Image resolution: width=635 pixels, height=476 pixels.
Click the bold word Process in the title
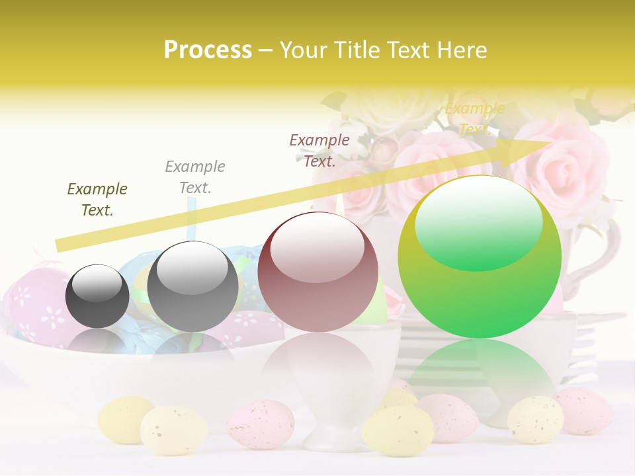click(208, 50)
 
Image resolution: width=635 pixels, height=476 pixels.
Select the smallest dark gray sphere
click(97, 296)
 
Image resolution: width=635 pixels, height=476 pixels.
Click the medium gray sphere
click(192, 286)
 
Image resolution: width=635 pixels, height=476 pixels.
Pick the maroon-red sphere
click(317, 272)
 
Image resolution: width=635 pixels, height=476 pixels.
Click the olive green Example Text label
click(97, 200)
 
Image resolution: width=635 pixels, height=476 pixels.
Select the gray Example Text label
click(195, 177)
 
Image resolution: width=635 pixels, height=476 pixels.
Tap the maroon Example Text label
click(319, 150)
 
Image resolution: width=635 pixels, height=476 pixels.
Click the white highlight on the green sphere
click(478, 221)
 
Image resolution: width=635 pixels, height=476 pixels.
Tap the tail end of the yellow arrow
click(61, 245)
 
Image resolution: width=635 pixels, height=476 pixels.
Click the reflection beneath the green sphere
click(480, 370)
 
